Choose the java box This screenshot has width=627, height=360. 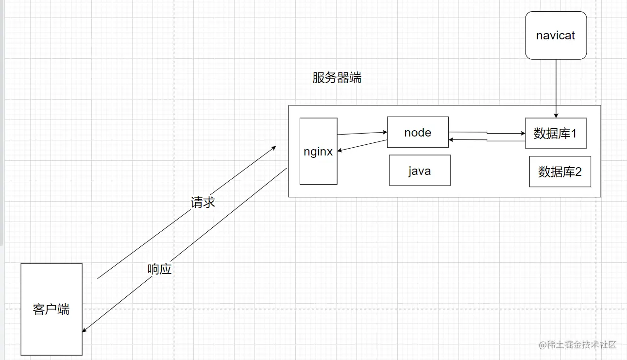(x=420, y=171)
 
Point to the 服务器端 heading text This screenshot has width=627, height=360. (x=337, y=78)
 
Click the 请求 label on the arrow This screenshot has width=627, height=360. (x=203, y=202)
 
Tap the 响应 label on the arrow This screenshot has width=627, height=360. (x=160, y=269)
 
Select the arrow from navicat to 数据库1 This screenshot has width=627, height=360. (x=556, y=87)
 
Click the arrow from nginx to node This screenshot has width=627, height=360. (x=361, y=133)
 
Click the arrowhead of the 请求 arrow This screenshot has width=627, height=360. (x=273, y=146)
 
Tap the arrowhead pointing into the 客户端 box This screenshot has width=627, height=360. (x=85, y=330)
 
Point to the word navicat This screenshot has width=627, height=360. (x=556, y=35)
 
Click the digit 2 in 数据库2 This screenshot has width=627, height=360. (x=578, y=171)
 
